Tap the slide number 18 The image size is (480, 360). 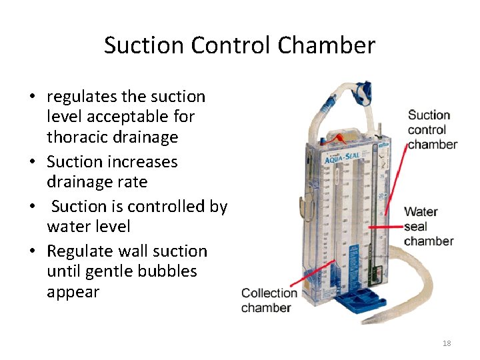pos(447,343)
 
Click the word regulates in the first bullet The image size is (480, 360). pos(84,97)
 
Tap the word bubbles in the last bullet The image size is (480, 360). pos(169,271)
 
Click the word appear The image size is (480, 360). pos(73,292)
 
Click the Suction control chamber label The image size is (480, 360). pos(432,130)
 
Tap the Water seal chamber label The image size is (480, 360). pos(428,227)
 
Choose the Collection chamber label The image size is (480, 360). pos(269,300)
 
